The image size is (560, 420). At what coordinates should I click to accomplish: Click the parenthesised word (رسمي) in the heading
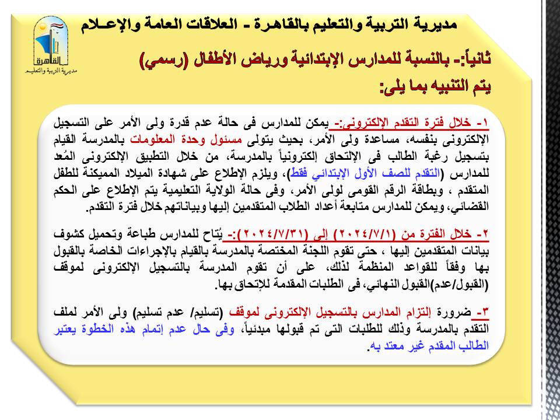coord(164,59)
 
